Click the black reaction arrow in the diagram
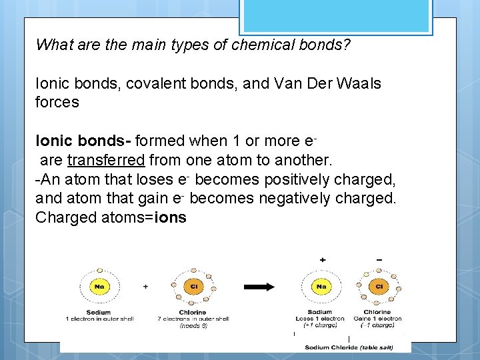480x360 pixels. point(259,287)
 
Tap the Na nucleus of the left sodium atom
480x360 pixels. point(99,287)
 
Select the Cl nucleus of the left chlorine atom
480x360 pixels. point(193,287)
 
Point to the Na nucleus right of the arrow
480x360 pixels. point(321,287)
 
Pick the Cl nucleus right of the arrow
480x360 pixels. point(378,287)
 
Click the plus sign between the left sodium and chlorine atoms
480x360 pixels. point(146,286)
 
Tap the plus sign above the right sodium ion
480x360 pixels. point(323,259)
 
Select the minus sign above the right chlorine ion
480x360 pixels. point(379,259)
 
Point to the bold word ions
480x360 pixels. point(171,217)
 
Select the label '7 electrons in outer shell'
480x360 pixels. point(194,319)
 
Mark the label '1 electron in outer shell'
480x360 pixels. point(99,319)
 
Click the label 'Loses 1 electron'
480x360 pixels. point(321,319)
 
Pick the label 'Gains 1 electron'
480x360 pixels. point(378,319)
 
